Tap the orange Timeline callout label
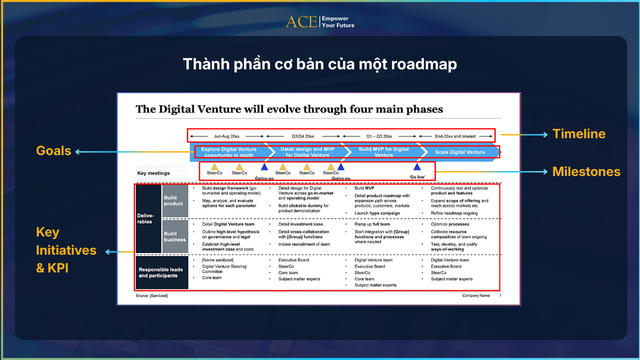tap(579, 134)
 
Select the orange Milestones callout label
tap(586, 172)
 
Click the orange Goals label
tap(54, 151)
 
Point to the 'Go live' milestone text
tap(417, 177)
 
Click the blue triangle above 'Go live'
tap(417, 167)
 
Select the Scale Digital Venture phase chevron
tap(460, 152)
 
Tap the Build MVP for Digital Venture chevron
tap(384, 152)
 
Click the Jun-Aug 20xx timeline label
tap(227, 136)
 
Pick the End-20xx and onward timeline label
tap(455, 136)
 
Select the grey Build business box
tap(175, 236)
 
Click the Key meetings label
tap(153, 173)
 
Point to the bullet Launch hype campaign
tap(377, 213)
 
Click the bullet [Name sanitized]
tap(217, 260)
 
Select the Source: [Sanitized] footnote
tap(152, 296)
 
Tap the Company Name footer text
tap(476, 296)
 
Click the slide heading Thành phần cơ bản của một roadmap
tap(320, 64)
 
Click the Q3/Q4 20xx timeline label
tap(303, 136)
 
